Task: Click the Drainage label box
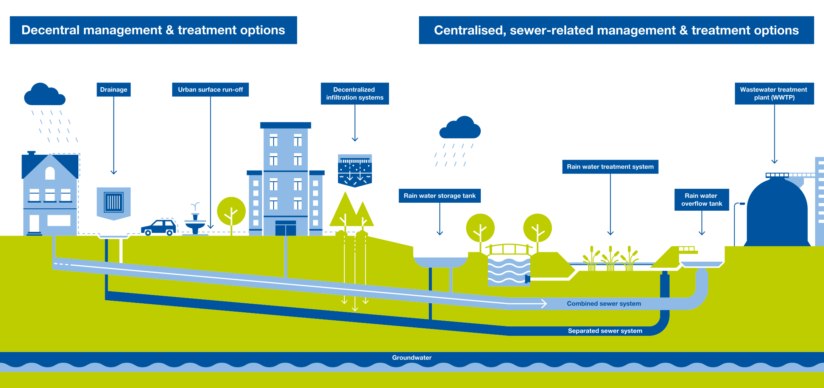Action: tap(114, 90)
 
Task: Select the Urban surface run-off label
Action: tap(210, 90)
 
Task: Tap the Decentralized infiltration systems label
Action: tap(355, 93)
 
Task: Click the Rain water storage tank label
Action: tap(439, 196)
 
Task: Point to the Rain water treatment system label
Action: tap(610, 167)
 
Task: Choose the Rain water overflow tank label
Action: tap(701, 200)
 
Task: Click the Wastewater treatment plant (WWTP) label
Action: tap(774, 93)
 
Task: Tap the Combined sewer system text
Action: tap(604, 304)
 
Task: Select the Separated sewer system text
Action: tap(605, 331)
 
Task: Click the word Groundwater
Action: tap(411, 358)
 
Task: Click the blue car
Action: tap(159, 228)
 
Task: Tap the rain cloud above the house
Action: tap(44, 95)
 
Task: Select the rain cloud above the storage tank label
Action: tap(460, 128)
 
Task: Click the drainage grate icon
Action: tap(114, 203)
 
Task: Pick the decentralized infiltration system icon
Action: tap(355, 170)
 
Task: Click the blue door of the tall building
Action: tap(285, 228)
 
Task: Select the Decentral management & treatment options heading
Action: tap(153, 30)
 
